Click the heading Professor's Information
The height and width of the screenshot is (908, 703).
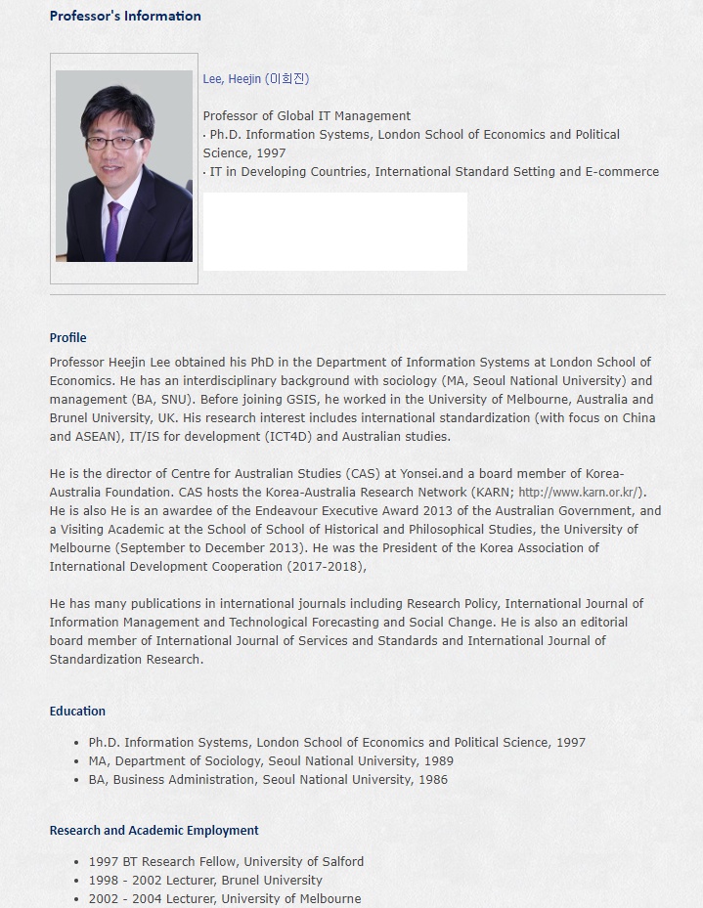tap(125, 16)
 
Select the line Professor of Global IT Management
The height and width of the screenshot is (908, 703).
tap(306, 116)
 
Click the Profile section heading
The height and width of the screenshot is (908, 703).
tap(67, 338)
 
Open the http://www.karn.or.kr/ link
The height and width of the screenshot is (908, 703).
tap(580, 493)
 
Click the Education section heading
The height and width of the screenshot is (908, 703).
tap(77, 712)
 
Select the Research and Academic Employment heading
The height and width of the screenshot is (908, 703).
tap(154, 831)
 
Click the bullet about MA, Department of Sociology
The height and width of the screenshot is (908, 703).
tap(271, 761)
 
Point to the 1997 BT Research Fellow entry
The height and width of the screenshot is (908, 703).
tap(226, 862)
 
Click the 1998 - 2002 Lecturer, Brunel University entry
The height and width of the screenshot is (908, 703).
tap(205, 881)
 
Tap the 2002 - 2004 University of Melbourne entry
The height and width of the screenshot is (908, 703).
tap(225, 899)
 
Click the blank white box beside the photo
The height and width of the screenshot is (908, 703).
tap(334, 232)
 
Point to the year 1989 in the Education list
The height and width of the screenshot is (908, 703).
tap(436, 761)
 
